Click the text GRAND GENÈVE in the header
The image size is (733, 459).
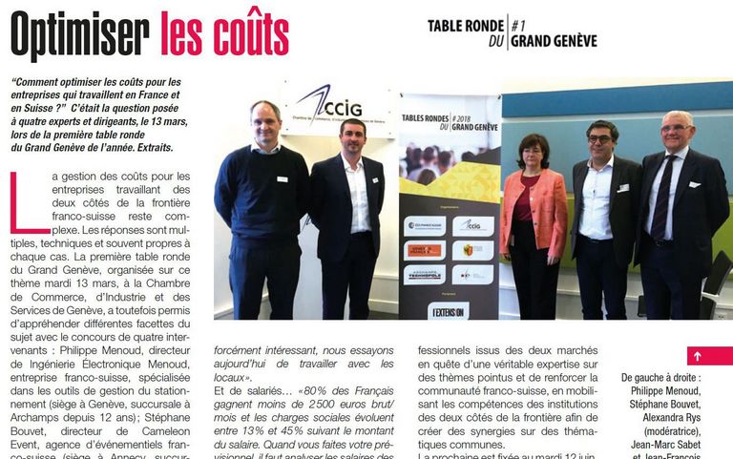(554, 41)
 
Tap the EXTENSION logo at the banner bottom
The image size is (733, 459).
(448, 310)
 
